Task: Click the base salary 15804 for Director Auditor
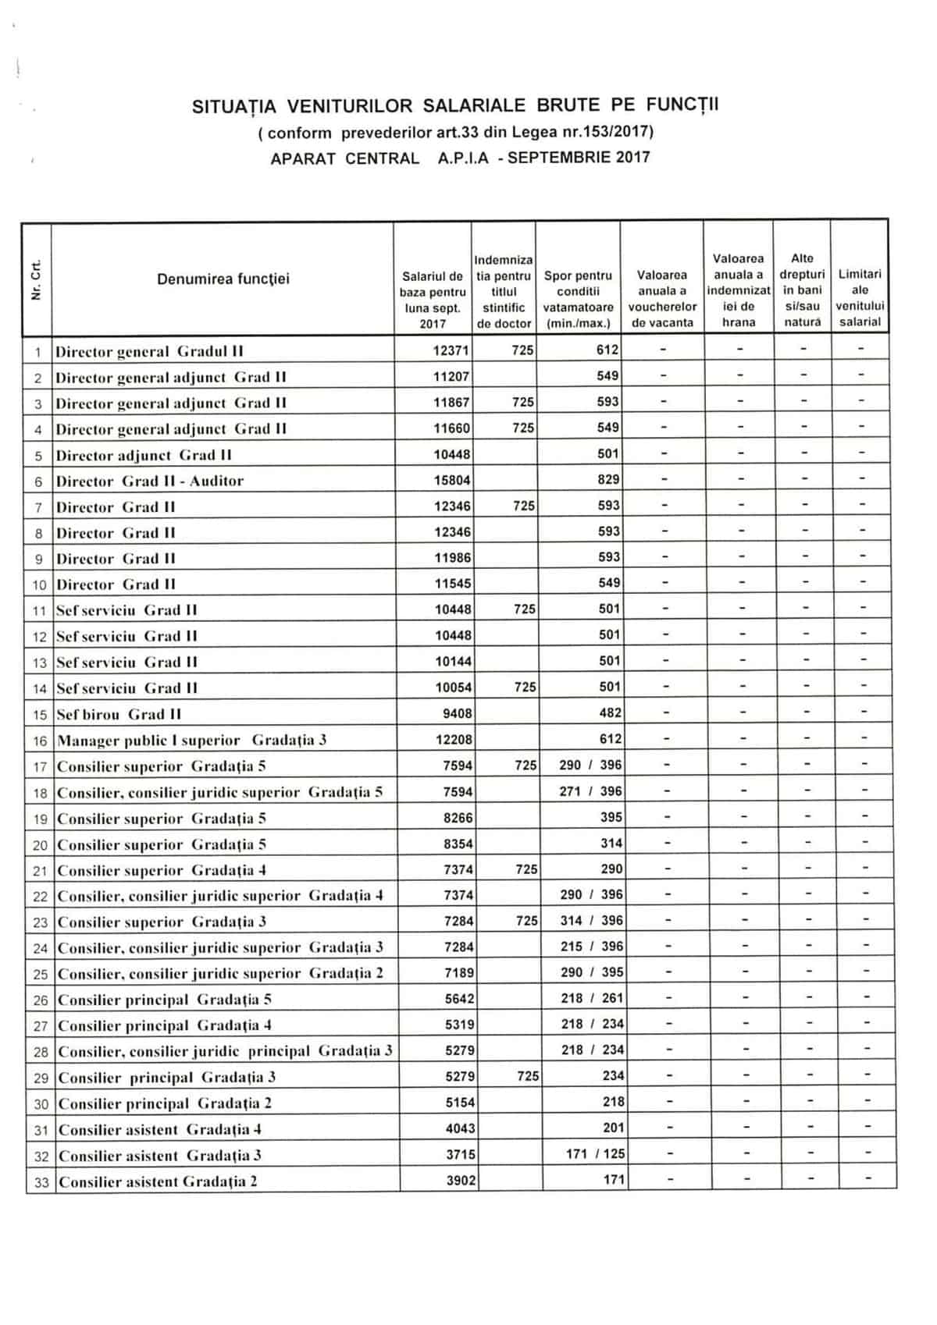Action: tap(452, 481)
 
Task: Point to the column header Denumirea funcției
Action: tap(223, 279)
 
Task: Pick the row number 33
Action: tap(41, 1182)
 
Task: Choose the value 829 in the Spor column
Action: tap(608, 480)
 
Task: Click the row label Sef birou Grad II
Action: tap(119, 714)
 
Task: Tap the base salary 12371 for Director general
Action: tap(451, 351)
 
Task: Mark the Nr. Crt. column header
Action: tap(36, 279)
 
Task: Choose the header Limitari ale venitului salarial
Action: tap(860, 298)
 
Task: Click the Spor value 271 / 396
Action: tap(590, 791)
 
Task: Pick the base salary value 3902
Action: tap(461, 1181)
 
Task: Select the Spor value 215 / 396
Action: tap(591, 947)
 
